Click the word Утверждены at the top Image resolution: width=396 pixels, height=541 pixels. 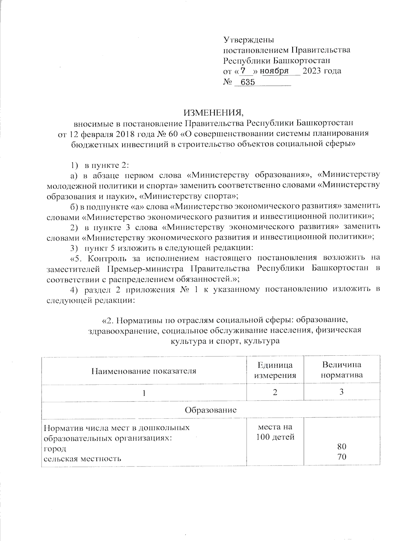[x=249, y=40]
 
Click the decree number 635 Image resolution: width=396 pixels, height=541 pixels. [x=247, y=82]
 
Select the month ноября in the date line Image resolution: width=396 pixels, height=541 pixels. [x=275, y=71]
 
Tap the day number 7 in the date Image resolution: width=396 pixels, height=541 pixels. [x=243, y=71]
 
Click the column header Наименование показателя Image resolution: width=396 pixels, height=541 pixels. [x=144, y=371]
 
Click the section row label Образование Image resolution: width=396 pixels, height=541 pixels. [x=211, y=410]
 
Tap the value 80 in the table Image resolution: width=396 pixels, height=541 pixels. [x=342, y=447]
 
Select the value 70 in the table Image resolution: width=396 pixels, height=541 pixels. [x=342, y=457]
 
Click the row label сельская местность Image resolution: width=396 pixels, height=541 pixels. [x=82, y=458]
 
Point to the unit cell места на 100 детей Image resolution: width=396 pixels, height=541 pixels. [x=275, y=432]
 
